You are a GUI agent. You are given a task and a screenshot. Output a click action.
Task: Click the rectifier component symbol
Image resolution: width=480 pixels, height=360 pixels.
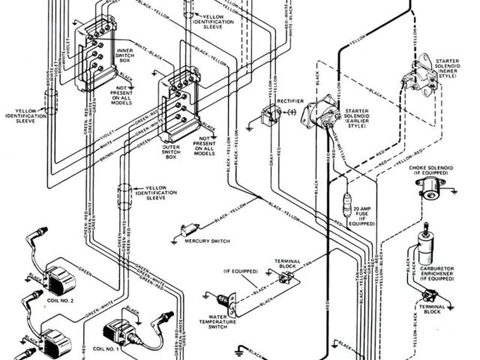click(x=267, y=115)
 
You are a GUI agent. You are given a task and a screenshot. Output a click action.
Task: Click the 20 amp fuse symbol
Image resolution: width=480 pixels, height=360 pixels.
click(x=346, y=206)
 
